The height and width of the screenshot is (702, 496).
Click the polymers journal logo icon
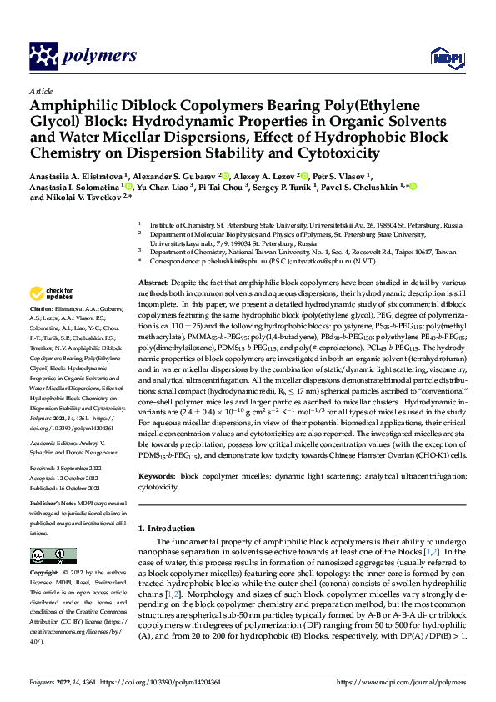tap(44, 56)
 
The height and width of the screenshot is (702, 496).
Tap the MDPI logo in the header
tap(442, 56)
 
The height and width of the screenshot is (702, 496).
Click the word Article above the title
tap(40, 91)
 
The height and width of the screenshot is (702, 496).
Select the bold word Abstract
tap(153, 284)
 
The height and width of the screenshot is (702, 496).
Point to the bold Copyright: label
tap(45, 573)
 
